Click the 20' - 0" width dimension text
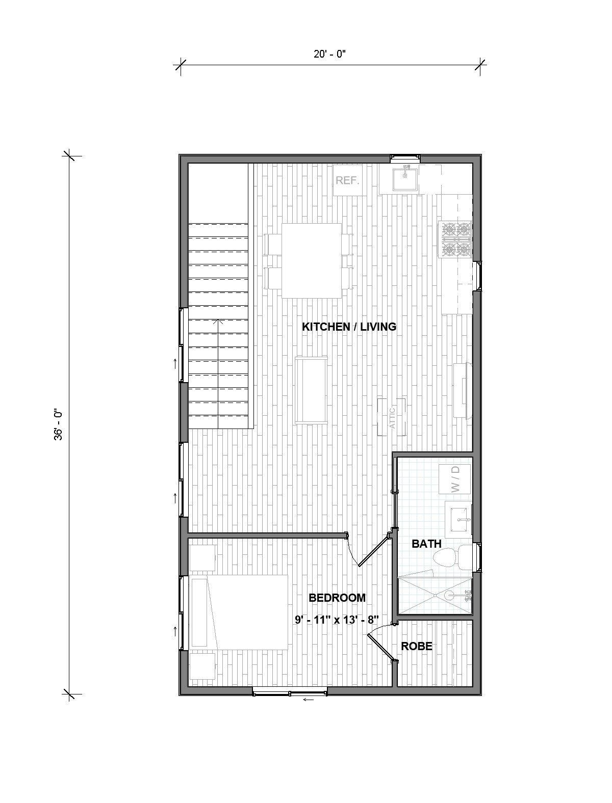point(330,55)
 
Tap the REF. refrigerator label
point(347,180)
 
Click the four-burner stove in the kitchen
point(456,238)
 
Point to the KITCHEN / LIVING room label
point(349,327)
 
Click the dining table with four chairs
point(312,260)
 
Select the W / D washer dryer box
point(455,479)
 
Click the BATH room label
point(426,544)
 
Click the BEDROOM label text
point(337,598)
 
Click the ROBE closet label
point(417,647)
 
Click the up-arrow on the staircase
point(219,322)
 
